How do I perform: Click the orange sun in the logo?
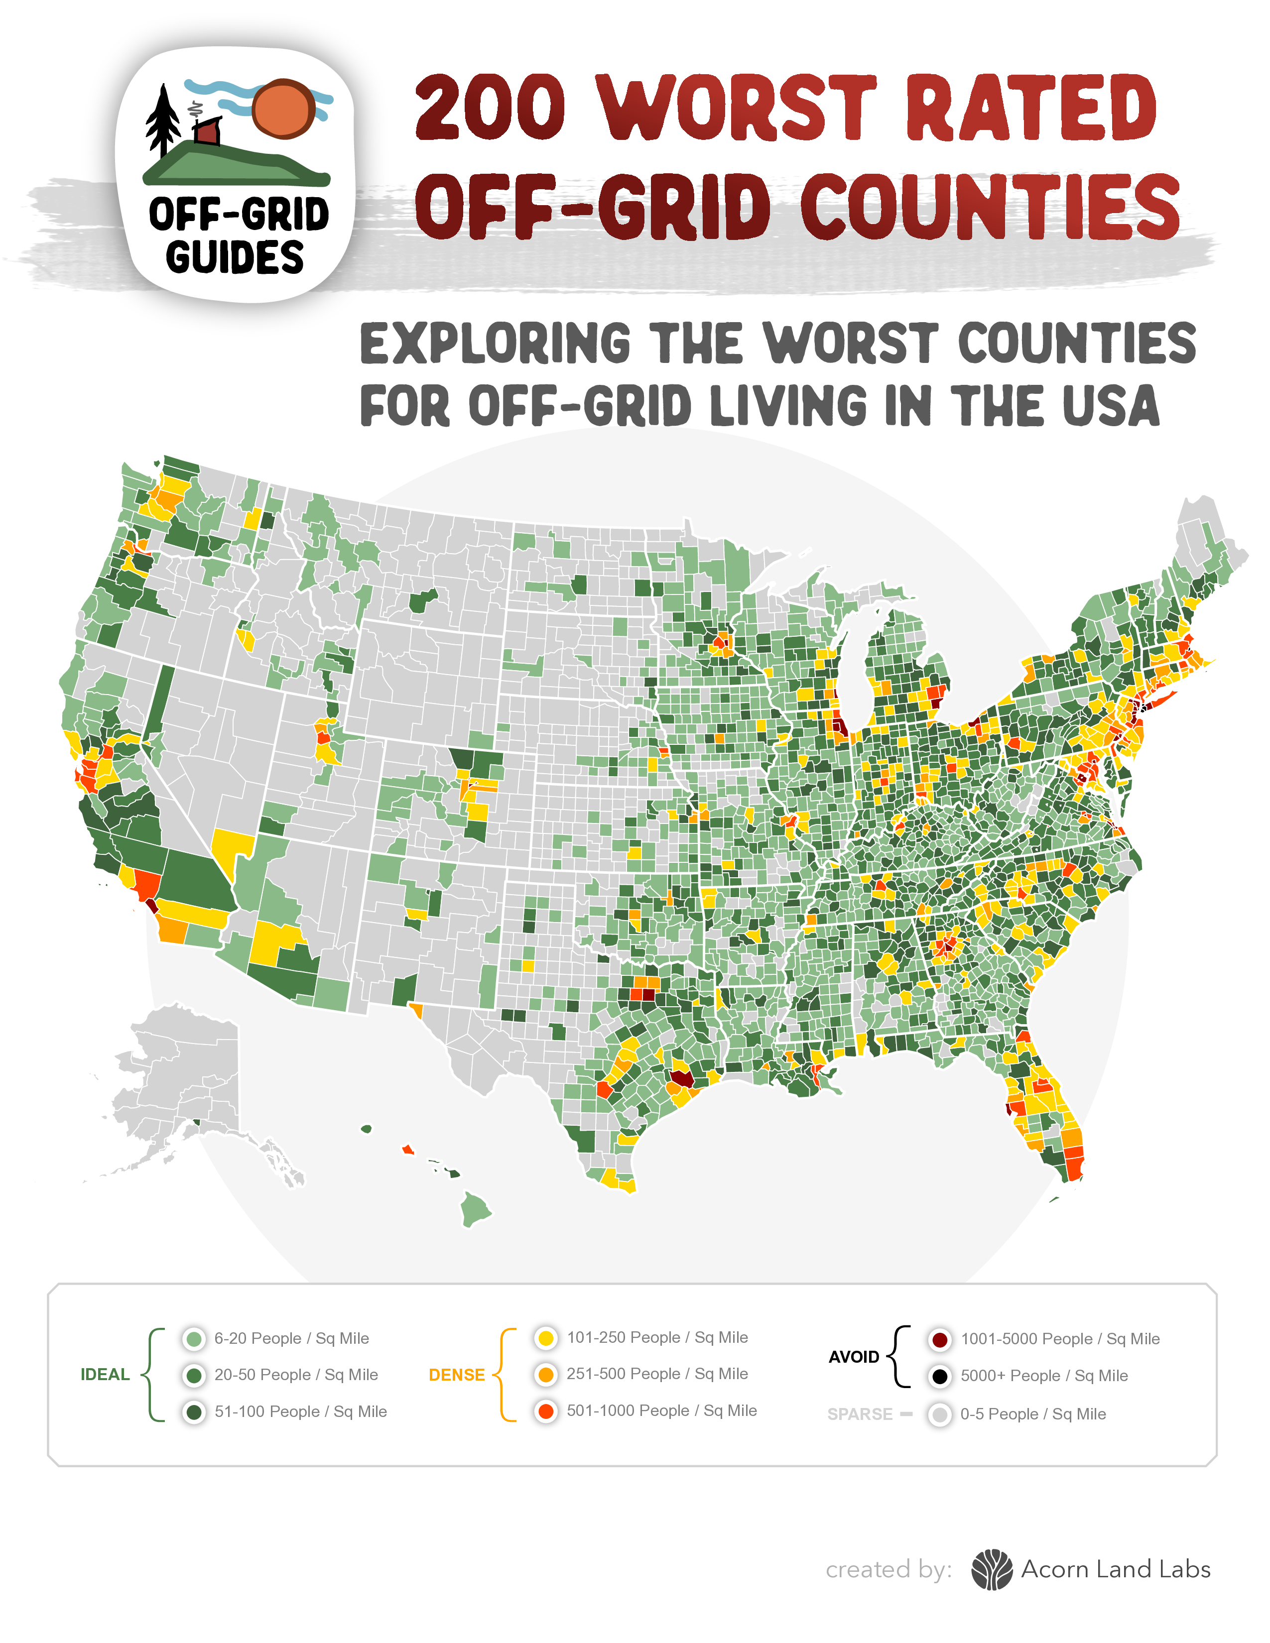(283, 109)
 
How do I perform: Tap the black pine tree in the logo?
(162, 120)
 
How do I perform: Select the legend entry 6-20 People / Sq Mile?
(291, 1338)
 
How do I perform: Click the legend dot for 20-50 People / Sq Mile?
(194, 1375)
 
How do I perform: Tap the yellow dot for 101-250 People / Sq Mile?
(546, 1338)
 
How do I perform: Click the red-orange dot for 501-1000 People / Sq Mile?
(546, 1411)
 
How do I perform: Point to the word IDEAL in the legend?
(105, 1375)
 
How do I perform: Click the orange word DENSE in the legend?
(457, 1375)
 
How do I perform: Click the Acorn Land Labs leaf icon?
(992, 1569)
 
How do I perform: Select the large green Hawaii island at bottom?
(475, 1208)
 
